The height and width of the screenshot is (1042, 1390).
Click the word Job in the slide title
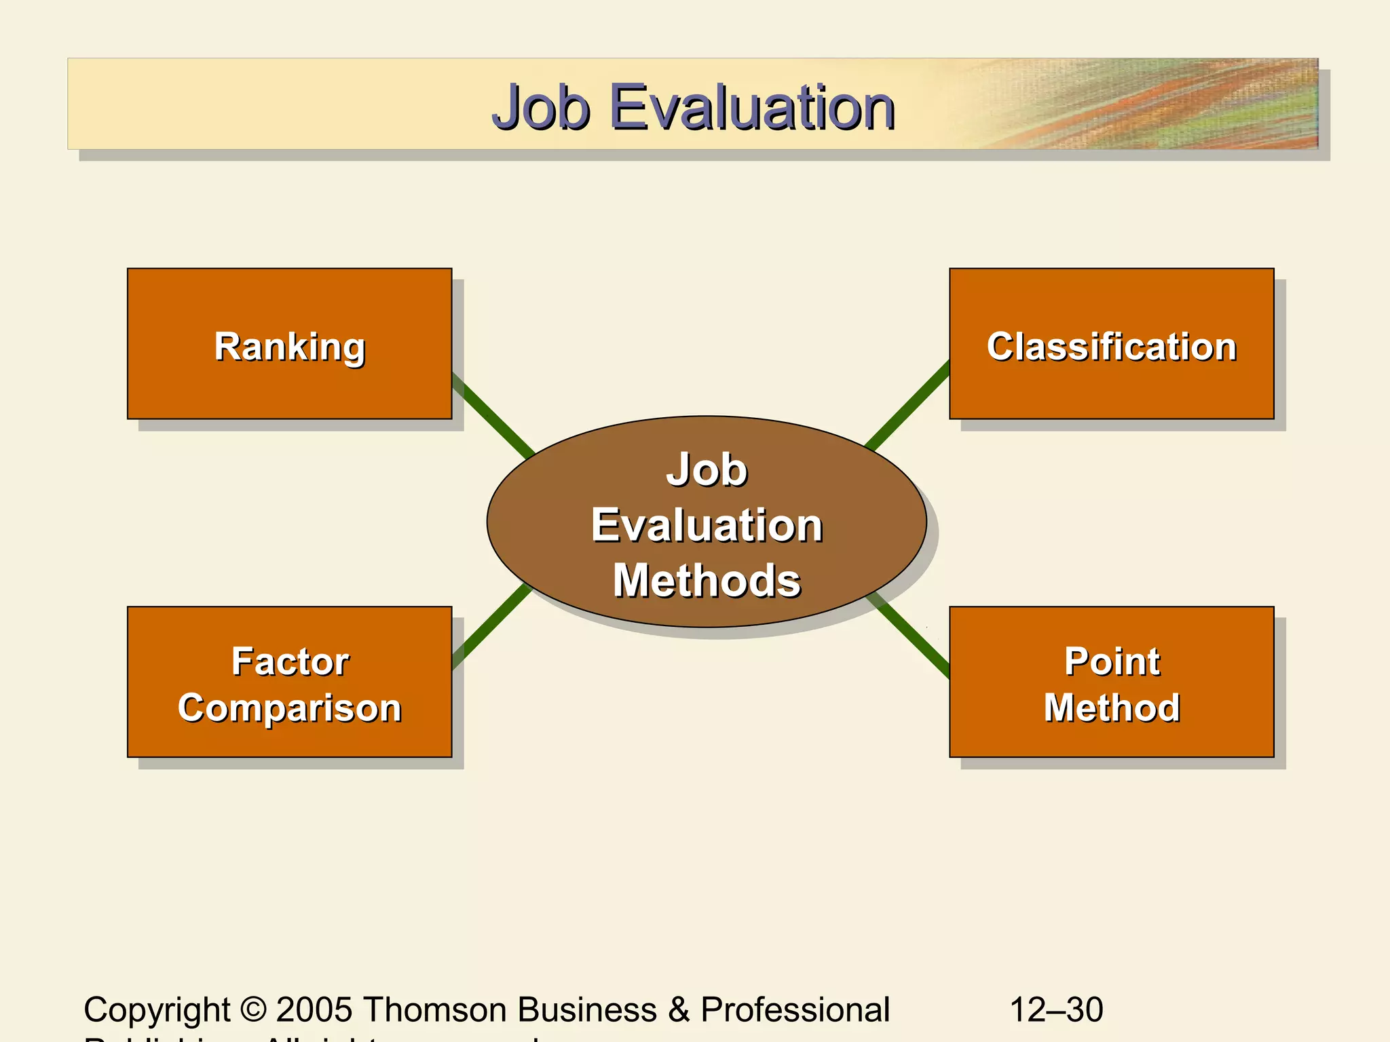click(540, 107)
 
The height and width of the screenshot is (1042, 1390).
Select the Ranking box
click(289, 343)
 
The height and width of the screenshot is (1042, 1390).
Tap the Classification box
click(1111, 343)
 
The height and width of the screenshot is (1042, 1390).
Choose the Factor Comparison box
click(289, 682)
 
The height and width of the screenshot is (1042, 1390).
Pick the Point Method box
click(1111, 682)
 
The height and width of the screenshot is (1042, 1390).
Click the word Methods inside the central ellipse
click(706, 581)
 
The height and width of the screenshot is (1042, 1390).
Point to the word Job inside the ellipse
click(706, 469)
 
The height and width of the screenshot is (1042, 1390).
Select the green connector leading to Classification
click(908, 406)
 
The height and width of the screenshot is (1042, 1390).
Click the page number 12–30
click(1056, 1009)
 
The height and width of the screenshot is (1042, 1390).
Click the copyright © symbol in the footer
click(253, 1009)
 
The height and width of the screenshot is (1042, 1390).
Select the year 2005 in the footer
click(314, 1009)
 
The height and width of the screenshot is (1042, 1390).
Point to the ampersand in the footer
click(678, 1009)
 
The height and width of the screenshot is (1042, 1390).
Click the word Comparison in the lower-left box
click(289, 708)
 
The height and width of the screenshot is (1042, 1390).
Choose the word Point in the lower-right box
click(1111, 661)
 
